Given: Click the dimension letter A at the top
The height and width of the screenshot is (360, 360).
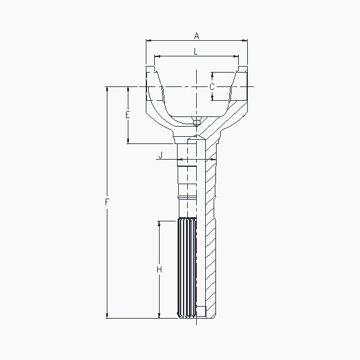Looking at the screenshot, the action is coord(197,36).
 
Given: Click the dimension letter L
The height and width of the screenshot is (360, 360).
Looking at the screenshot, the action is coord(196,52).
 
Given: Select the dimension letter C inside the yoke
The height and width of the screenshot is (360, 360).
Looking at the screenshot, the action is coord(212,86).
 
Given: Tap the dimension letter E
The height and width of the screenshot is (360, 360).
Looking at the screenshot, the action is coord(128,115).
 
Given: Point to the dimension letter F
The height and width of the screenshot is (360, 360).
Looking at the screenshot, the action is coord(107,202).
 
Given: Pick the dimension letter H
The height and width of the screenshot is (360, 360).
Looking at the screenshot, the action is coord(159,269).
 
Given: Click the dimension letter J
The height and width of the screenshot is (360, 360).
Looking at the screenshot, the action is coord(160,155).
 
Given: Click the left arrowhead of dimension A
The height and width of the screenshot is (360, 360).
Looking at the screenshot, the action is coord(149,41).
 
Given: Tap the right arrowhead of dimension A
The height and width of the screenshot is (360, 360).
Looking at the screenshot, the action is coord(245,41).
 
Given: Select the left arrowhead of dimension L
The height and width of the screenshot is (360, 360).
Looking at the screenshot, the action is coord(157,56).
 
